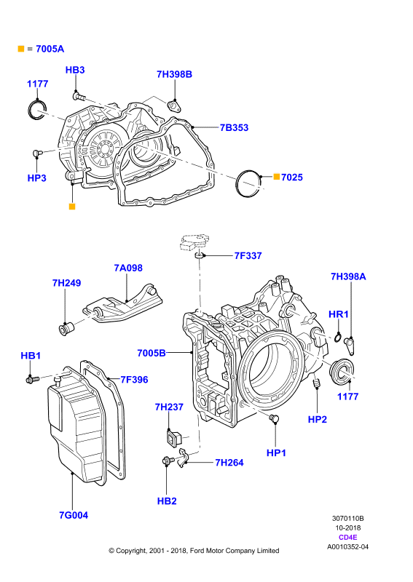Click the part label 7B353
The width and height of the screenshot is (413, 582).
tap(234, 128)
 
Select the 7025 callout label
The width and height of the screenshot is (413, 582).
tap(292, 178)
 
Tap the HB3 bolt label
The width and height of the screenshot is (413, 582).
tap(75, 70)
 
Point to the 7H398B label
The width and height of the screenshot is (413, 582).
tap(174, 74)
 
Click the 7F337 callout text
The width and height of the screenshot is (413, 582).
tap(248, 256)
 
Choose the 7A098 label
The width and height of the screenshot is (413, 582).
tap(128, 268)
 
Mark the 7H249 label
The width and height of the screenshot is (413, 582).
tap(66, 283)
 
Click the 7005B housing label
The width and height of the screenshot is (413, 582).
tap(152, 353)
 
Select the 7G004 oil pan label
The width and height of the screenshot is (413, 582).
tap(74, 515)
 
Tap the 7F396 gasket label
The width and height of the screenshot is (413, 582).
tap(134, 380)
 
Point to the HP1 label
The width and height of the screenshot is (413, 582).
tap(276, 453)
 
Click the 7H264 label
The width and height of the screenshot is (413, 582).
tap(229, 463)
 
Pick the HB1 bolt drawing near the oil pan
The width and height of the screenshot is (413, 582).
tap(32, 379)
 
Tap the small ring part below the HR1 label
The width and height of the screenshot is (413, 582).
tap(338, 338)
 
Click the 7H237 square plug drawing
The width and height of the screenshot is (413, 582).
tap(173, 437)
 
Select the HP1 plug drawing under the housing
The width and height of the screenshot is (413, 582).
tap(274, 419)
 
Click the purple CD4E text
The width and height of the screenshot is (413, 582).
tap(348, 537)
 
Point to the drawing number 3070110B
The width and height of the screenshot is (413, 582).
tap(348, 518)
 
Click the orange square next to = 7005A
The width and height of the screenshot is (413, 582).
tap(21, 49)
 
